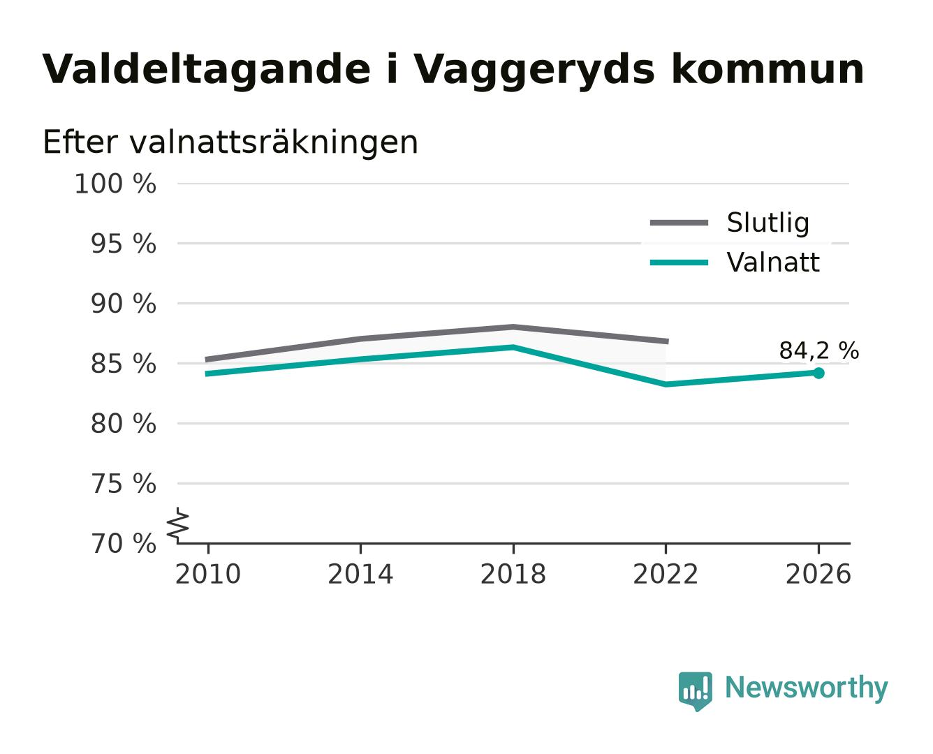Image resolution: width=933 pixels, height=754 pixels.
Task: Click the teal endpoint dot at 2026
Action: (818, 373)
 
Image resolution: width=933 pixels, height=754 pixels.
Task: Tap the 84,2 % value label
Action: (818, 350)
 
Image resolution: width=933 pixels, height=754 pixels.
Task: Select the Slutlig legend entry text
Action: (767, 223)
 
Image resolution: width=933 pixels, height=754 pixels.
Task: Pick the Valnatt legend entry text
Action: (772, 263)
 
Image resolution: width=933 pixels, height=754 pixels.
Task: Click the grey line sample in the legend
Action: (679, 223)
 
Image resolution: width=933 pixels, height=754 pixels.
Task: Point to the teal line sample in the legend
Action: (679, 263)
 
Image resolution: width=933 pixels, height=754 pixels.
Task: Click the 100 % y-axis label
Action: (115, 184)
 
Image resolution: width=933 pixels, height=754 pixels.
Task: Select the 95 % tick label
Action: (123, 244)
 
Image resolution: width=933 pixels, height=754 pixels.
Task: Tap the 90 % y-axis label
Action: (123, 304)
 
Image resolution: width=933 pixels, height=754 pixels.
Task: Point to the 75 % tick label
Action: (123, 485)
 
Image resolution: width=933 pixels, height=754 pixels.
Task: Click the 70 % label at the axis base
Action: (123, 545)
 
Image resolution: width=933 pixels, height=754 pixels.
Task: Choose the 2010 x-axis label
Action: (208, 575)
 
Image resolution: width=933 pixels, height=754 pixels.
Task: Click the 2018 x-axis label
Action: (513, 575)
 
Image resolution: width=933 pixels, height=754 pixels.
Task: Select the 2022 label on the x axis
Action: (666, 575)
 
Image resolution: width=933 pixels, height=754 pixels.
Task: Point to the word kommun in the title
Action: (767, 70)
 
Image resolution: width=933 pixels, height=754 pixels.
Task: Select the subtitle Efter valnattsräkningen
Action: (230, 142)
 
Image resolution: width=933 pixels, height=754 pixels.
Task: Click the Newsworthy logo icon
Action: (695, 691)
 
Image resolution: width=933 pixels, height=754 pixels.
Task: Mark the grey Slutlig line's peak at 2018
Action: (513, 327)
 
